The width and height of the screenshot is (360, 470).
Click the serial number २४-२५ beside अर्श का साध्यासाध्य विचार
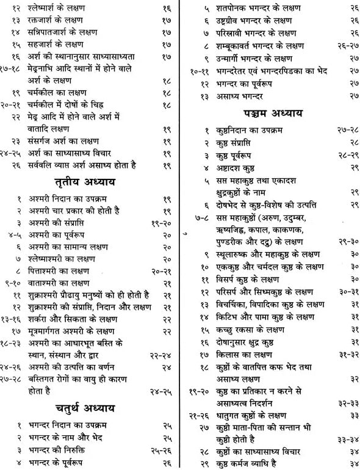click(12, 151)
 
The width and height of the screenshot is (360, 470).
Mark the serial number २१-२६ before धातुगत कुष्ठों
click(196, 415)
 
